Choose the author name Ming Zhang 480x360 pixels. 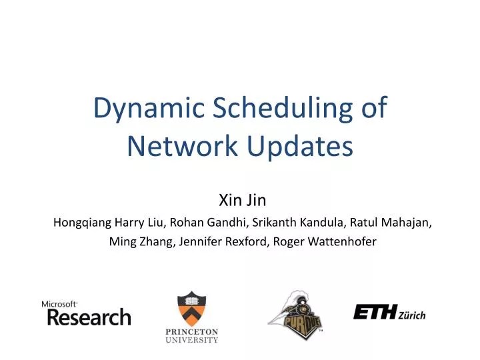tap(138, 242)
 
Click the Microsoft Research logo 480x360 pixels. tap(86, 313)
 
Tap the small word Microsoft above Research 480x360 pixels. tap(59, 303)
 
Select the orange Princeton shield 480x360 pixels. tap(191, 308)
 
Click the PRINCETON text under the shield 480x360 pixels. tap(191, 331)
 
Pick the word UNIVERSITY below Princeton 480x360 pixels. tap(191, 340)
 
